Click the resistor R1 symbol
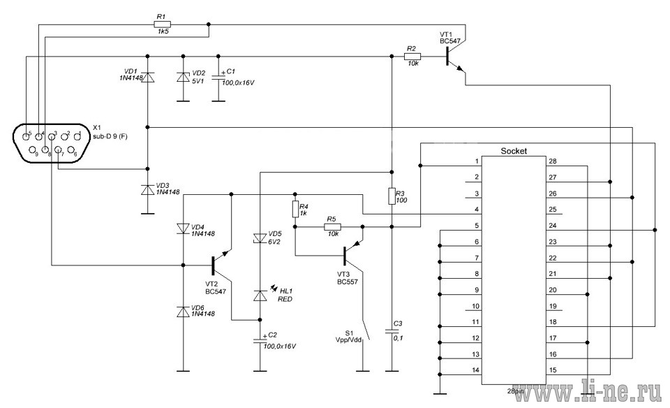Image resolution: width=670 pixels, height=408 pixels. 161,24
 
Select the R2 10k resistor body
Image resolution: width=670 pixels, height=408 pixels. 412,56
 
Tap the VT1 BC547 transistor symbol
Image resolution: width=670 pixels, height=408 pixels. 454,58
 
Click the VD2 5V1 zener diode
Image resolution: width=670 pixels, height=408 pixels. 184,77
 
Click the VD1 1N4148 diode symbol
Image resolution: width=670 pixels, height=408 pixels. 148,77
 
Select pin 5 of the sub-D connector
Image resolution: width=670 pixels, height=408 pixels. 27,136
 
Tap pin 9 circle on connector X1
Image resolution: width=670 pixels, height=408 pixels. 33,150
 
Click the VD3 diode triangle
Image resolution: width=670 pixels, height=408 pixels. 148,190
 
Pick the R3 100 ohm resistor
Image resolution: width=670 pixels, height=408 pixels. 392,196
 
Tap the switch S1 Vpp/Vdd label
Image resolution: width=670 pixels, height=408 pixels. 349,336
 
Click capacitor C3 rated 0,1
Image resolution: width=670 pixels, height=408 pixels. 392,331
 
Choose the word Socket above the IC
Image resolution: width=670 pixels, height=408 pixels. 514,151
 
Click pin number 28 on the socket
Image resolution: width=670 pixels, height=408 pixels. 553,161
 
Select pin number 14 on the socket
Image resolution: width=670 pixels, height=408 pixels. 475,370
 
